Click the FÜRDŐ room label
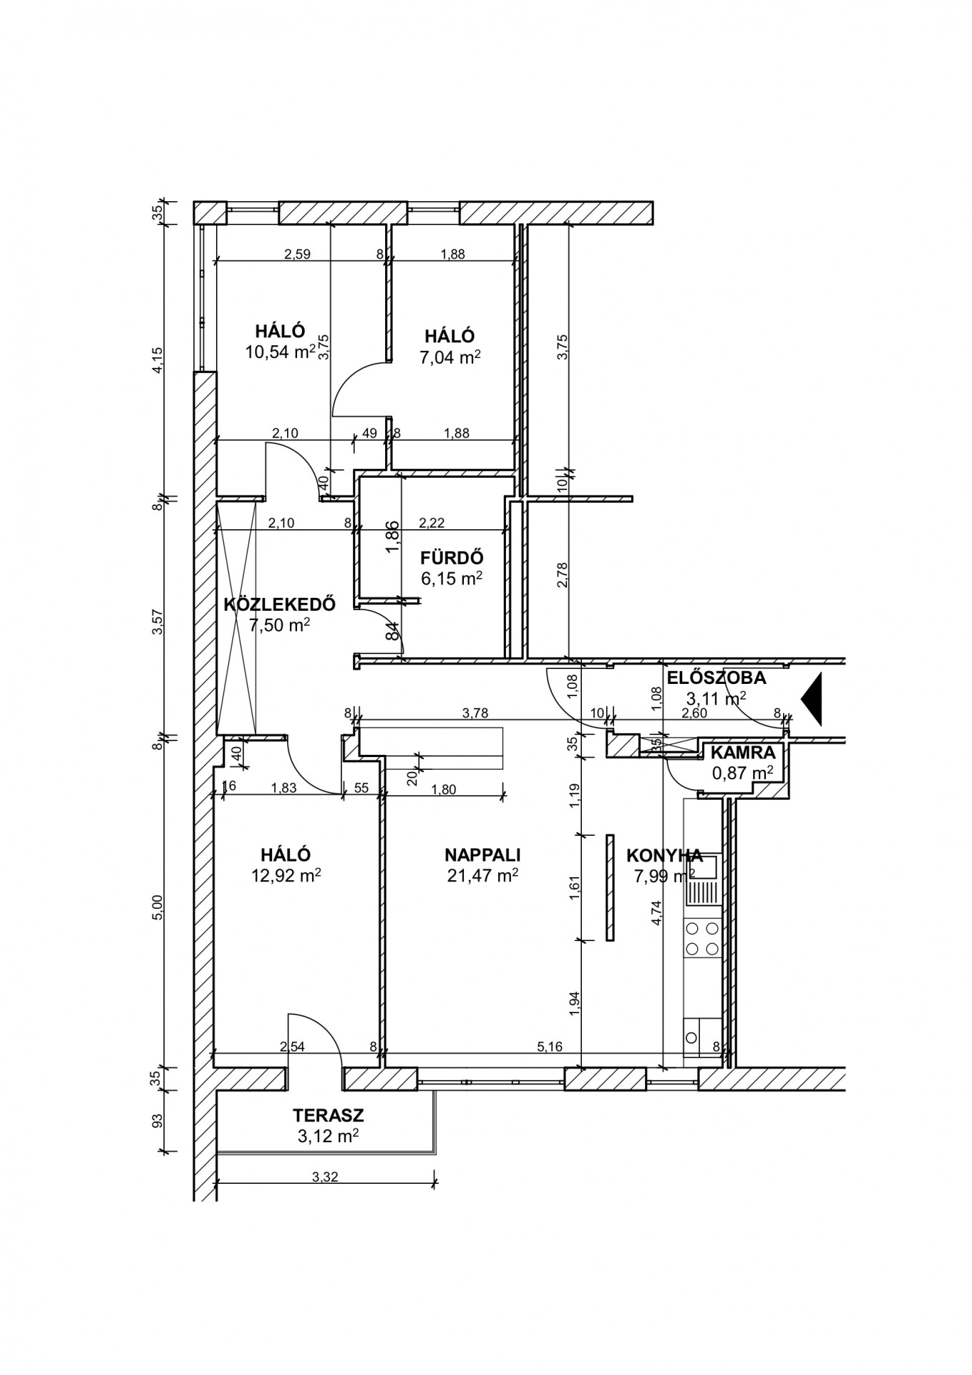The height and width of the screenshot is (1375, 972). (452, 558)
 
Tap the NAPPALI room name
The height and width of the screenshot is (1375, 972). (482, 854)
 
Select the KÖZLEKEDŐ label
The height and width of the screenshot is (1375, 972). (280, 604)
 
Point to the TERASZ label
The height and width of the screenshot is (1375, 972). (329, 1115)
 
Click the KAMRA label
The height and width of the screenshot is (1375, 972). (742, 753)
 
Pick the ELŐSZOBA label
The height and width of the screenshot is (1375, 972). (716, 677)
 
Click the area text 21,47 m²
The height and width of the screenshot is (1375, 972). (482, 874)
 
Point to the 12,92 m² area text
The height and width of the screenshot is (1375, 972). (286, 874)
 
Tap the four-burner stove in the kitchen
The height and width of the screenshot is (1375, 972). (701, 940)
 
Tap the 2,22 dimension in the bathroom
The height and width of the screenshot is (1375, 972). (432, 524)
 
